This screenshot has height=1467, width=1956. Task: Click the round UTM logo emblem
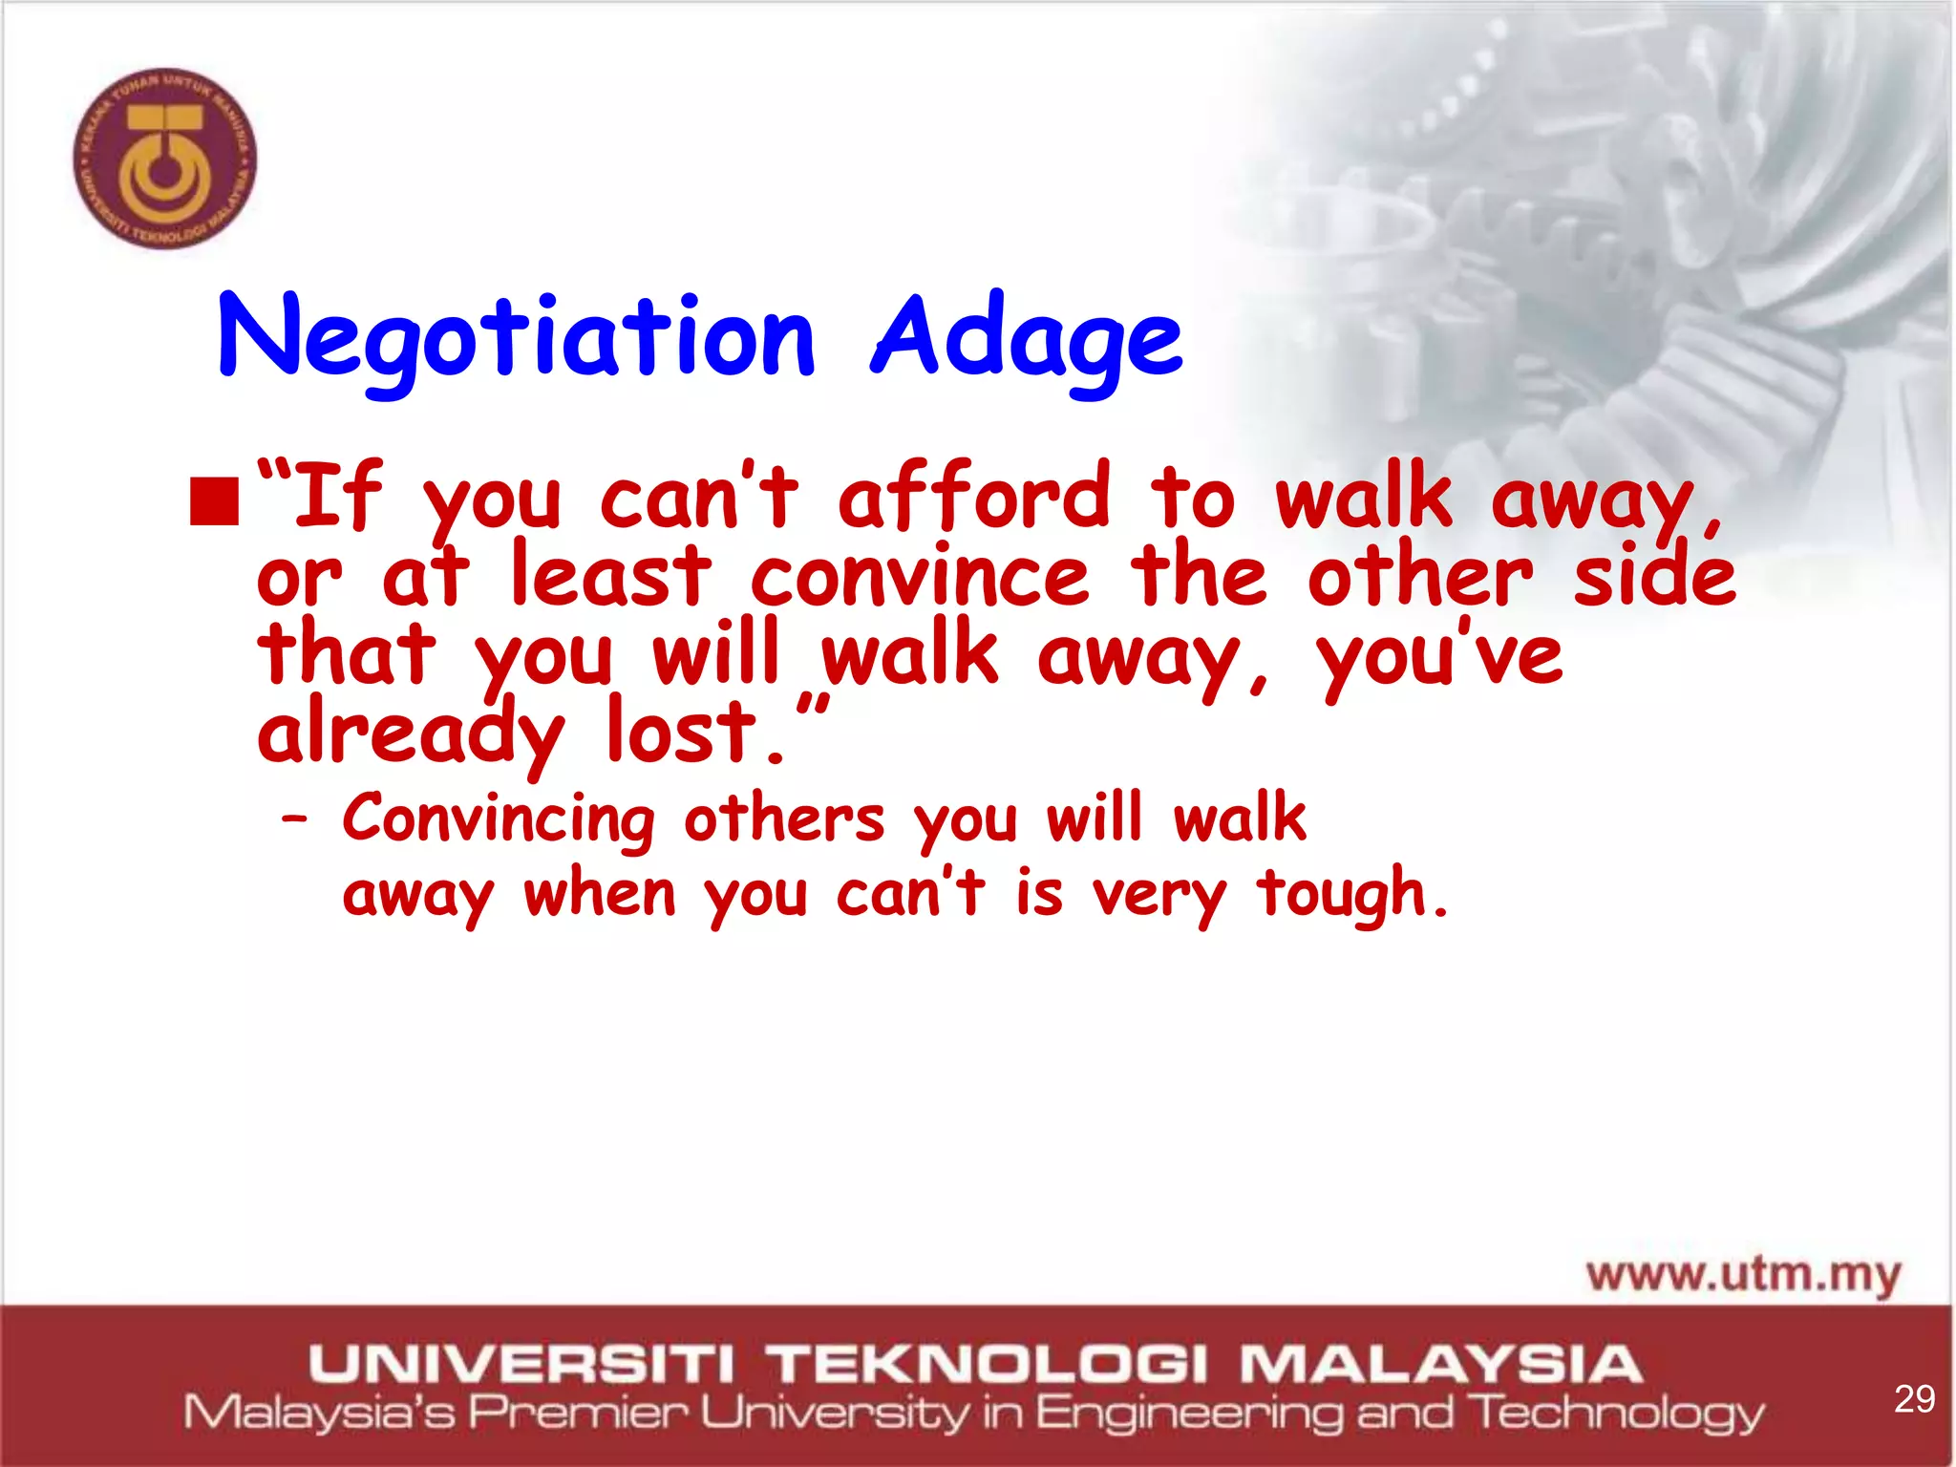[x=165, y=159]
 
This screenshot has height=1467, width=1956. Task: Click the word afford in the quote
[x=974, y=497]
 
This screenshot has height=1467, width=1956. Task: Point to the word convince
[x=919, y=577]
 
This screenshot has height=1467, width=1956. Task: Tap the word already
[x=411, y=733]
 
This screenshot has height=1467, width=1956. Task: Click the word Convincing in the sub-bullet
[x=500, y=819]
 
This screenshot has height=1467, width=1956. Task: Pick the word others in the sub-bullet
[x=784, y=819]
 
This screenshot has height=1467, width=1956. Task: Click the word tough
[x=1351, y=894]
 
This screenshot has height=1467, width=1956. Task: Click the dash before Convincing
[x=295, y=819]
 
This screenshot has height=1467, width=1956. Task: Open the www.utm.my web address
[x=1744, y=1275]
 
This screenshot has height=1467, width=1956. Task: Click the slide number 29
[x=1914, y=1399]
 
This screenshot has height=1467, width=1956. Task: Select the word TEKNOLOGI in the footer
[x=989, y=1364]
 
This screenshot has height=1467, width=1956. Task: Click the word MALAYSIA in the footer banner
[x=1441, y=1364]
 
